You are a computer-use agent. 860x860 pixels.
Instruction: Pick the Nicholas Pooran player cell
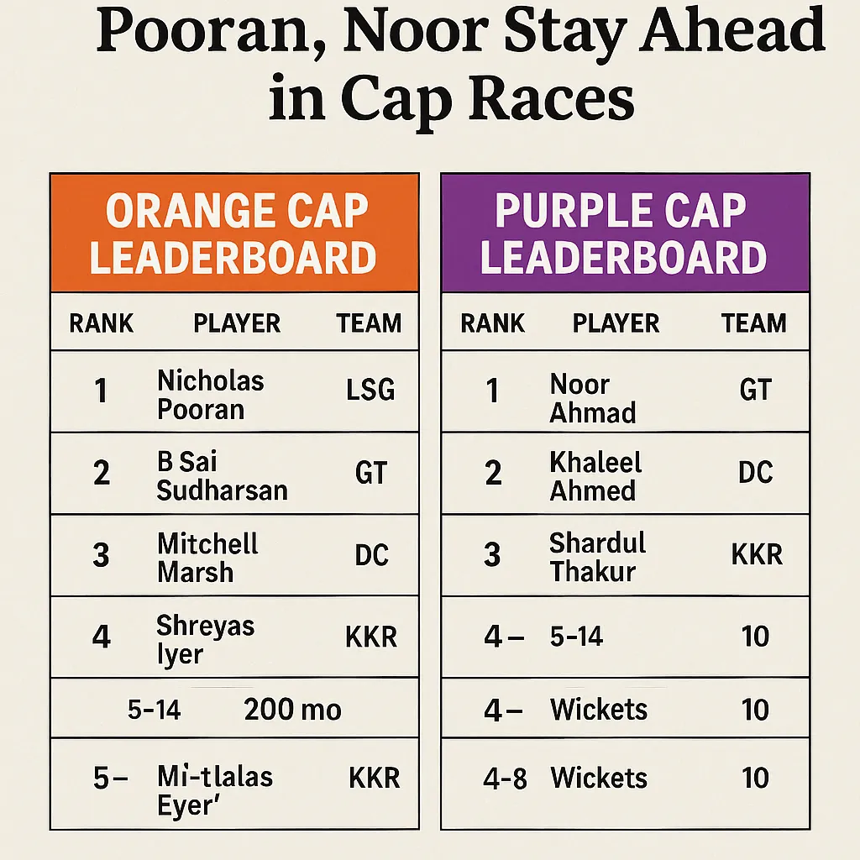210,395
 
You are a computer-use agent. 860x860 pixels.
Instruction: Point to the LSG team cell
370,391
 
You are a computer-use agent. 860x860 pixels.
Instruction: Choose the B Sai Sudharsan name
222,475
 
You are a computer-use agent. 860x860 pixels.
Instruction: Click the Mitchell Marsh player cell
207,557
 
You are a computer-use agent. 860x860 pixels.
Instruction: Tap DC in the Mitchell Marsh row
371,556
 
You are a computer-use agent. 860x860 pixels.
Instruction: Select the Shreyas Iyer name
205,639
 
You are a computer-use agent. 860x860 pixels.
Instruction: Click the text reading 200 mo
292,710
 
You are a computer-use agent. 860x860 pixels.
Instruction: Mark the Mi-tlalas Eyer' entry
214,790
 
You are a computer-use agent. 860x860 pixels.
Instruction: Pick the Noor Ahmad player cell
592,398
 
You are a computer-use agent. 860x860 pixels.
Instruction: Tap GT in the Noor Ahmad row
754,391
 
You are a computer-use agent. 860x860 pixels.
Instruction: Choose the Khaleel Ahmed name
595,476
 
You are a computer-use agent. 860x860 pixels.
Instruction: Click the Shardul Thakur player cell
597,557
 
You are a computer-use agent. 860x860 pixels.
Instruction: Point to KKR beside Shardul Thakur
757,555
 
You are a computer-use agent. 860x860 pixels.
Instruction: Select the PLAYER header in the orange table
237,323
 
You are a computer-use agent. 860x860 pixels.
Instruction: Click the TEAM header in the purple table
753,323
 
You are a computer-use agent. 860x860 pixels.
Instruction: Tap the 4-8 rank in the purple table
505,779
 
